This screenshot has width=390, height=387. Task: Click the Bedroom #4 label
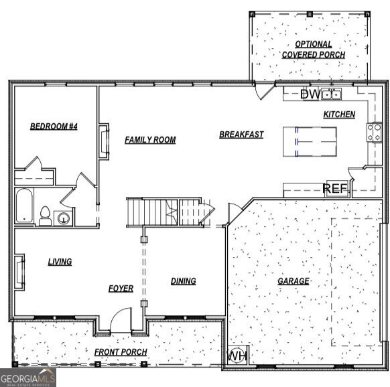pos(54,126)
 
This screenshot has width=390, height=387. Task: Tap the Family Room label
pos(150,140)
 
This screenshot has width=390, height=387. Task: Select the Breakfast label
pos(241,135)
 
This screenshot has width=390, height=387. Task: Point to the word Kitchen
pos(339,114)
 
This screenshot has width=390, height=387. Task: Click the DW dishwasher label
pos(310,94)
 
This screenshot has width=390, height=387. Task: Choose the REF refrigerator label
pos(336,189)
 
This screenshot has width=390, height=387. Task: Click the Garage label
pos(294,281)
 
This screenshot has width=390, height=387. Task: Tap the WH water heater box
pos(237,356)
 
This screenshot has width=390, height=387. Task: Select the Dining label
pos(183,281)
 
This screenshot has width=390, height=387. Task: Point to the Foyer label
pos(121,289)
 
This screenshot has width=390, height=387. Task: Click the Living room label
pos(60,262)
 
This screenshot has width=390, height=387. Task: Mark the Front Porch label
pos(121,352)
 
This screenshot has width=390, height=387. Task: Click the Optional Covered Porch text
pos(313,49)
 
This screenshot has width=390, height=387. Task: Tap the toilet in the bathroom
pos(45,216)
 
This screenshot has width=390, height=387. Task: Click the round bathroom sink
pos(64,218)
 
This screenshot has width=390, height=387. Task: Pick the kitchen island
pos(310,141)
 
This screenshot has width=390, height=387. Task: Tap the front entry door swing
pos(121,320)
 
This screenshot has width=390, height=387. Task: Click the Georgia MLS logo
pos(28,378)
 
